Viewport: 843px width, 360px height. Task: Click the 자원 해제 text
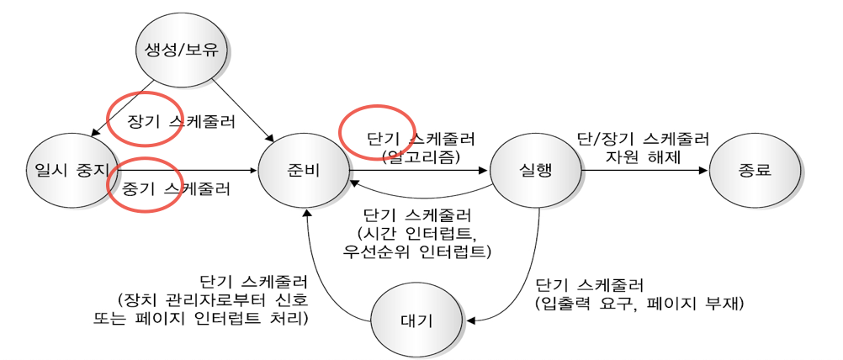(x=642, y=156)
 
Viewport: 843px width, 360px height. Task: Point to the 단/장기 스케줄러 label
(x=643, y=138)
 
